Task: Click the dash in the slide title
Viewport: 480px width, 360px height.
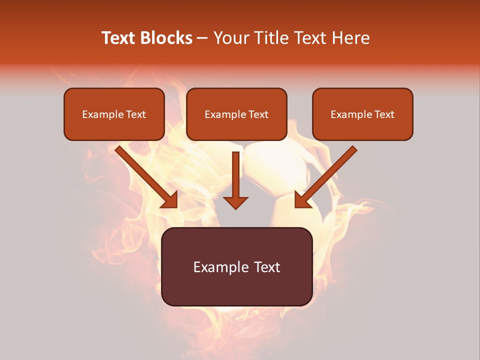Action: (203, 38)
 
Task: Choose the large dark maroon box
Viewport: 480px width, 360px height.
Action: (236, 287)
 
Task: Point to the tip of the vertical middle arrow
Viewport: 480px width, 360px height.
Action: (235, 207)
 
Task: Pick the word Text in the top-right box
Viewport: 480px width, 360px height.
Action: (384, 114)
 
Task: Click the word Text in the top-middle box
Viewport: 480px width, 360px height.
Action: (258, 114)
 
